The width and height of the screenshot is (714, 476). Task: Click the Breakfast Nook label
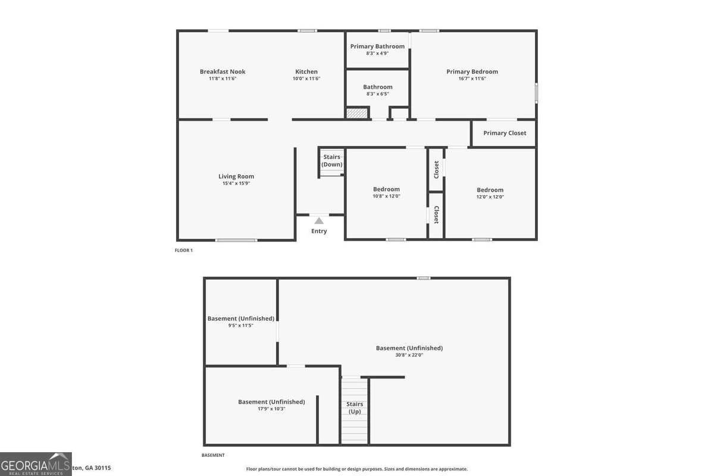pos(223,71)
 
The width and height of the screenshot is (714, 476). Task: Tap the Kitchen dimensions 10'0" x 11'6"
pos(306,79)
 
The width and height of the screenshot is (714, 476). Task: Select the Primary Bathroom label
pos(377,46)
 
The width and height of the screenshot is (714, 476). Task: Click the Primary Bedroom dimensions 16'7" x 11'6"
pos(472,79)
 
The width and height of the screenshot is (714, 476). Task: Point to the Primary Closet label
pos(505,133)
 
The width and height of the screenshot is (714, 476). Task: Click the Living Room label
pos(236,176)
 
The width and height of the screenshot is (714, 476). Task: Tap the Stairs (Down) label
pos(332,161)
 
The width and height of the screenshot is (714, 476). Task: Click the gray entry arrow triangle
pos(319,221)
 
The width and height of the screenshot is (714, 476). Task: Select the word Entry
pos(319,231)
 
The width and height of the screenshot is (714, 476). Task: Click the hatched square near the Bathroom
pos(358,113)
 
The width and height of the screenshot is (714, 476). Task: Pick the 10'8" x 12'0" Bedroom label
pos(386,189)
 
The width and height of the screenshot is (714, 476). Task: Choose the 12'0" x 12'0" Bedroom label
pos(490,190)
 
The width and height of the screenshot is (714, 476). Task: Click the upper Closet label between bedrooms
pos(436,170)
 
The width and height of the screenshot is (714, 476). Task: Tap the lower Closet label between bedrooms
pos(436,215)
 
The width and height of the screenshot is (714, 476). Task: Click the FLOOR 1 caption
pos(183,250)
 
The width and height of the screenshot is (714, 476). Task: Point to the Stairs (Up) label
pos(355,408)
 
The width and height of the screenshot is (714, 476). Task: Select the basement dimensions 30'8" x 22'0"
pos(409,355)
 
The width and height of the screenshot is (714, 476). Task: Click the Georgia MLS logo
pos(36,464)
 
